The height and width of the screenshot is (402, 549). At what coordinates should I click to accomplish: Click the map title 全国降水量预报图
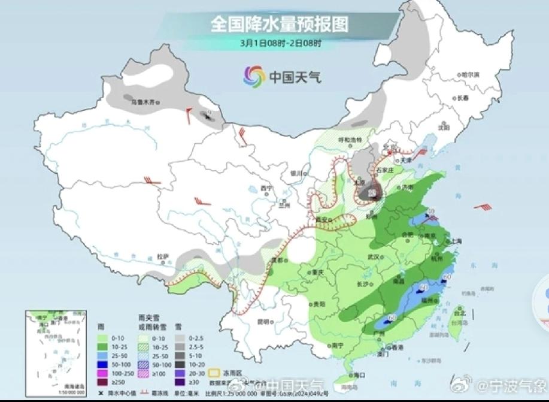click(x=278, y=24)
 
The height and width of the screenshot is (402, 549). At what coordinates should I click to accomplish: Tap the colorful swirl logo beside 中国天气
click(x=254, y=76)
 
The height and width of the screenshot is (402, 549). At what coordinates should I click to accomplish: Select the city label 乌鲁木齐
click(x=146, y=102)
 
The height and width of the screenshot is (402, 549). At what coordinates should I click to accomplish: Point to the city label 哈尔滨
click(x=471, y=74)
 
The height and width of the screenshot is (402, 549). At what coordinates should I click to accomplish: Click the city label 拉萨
click(x=163, y=256)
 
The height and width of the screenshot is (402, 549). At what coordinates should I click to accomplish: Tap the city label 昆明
click(x=264, y=321)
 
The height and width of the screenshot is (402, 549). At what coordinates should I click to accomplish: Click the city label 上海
click(x=456, y=241)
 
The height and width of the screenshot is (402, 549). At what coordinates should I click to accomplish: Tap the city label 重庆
click(x=318, y=271)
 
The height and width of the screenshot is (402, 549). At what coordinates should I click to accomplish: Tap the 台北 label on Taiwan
click(x=459, y=313)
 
